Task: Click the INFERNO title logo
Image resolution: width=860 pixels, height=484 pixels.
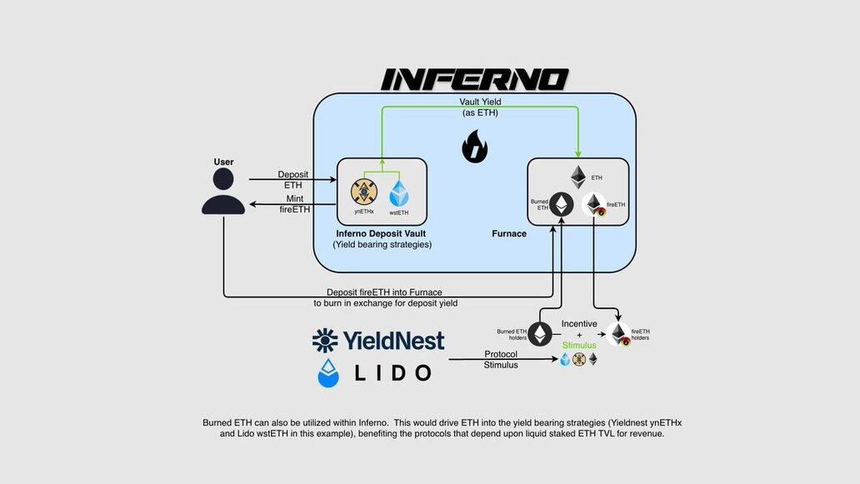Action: [x=474, y=79]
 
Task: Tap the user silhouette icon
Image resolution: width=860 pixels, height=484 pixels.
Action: [x=223, y=191]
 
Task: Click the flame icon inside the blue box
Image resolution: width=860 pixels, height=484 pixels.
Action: [x=475, y=149]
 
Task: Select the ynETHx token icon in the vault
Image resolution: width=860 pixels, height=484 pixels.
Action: [x=364, y=192]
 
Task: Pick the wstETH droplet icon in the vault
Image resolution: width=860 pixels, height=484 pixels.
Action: [x=398, y=193]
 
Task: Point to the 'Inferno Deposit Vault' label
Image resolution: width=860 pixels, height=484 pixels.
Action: [x=381, y=233]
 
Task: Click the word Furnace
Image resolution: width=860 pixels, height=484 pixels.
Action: [x=509, y=234]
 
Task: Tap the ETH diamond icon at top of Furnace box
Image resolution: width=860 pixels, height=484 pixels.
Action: [x=577, y=177]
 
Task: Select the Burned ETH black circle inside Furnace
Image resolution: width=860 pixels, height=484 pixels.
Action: [x=562, y=205]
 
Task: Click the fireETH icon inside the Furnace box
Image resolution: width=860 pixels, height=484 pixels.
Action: [x=593, y=206]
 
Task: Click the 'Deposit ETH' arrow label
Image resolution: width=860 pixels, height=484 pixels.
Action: [x=292, y=180]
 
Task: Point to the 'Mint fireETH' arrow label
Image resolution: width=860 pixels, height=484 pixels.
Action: [x=293, y=204]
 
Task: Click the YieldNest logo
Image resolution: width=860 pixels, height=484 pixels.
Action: [x=379, y=340]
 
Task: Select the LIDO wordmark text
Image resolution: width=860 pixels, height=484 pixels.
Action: [x=390, y=372]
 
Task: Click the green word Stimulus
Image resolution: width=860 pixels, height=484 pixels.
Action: [x=579, y=345]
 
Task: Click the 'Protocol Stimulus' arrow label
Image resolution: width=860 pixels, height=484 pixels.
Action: [x=501, y=359]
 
